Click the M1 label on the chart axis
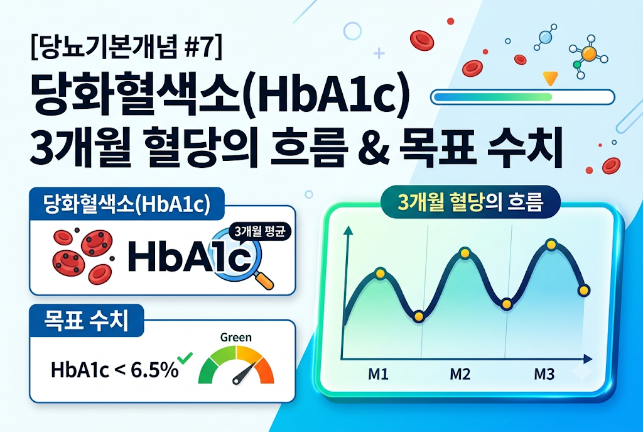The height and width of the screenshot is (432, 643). (x=378, y=374)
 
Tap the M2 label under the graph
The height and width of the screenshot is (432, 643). (x=460, y=374)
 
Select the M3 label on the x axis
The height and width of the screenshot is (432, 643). (x=544, y=374)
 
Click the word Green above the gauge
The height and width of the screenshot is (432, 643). (x=236, y=338)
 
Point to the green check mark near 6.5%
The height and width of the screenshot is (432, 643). (x=185, y=358)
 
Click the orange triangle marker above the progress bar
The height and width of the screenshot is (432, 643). (x=550, y=78)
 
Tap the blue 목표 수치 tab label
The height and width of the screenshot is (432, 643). (x=87, y=321)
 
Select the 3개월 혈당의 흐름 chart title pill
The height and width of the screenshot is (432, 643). (x=470, y=202)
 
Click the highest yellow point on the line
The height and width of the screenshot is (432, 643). (x=551, y=245)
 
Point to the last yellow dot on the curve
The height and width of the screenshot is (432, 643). (x=583, y=291)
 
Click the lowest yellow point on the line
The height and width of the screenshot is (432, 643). (x=418, y=316)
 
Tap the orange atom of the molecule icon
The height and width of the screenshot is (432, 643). (x=588, y=53)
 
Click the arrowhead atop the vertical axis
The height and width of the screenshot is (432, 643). (x=348, y=230)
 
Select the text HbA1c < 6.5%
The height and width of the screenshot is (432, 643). (x=115, y=370)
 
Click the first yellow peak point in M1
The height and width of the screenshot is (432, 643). (x=380, y=273)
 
